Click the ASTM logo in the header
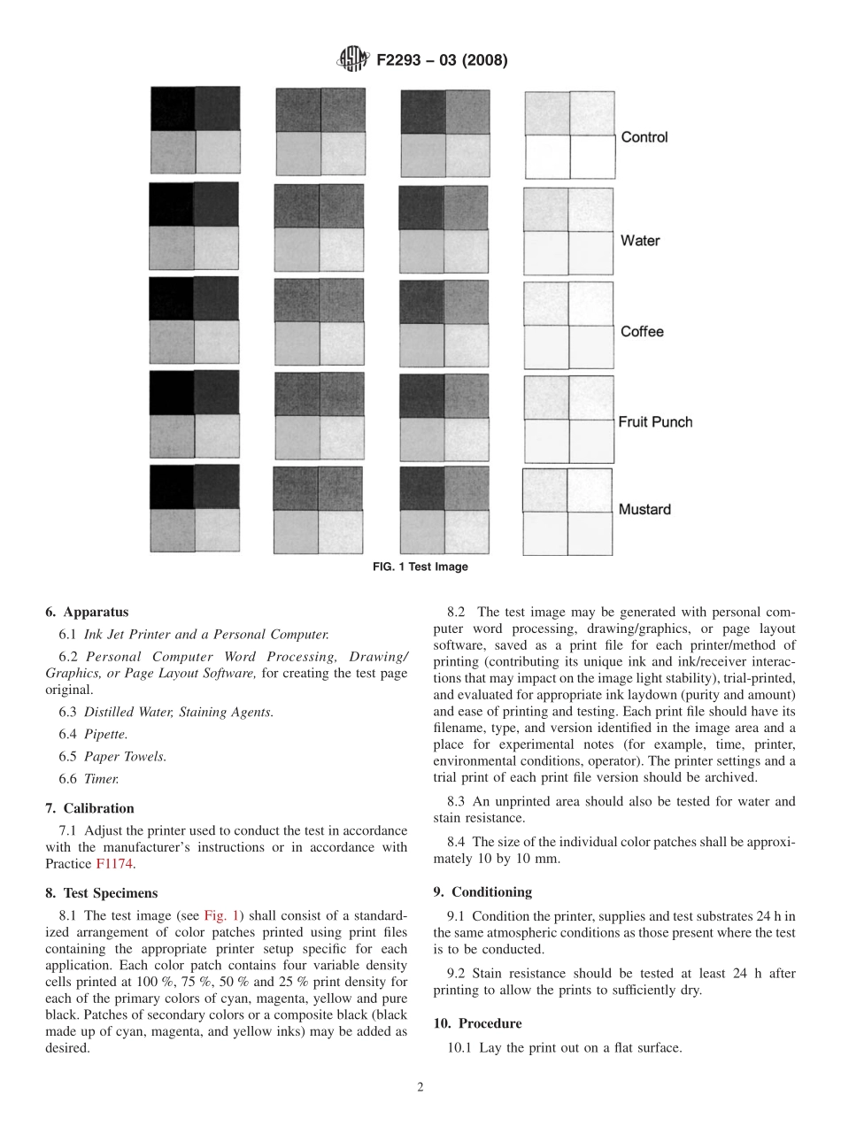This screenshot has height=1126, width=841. coord(353,60)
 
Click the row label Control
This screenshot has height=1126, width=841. coord(644,137)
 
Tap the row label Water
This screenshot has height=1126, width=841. coord(639,241)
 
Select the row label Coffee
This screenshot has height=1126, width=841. coord(641,332)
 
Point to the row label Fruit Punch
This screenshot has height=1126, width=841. coord(654,422)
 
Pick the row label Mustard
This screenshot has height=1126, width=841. coord(644,510)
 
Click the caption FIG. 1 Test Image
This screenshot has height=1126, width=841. coord(420,567)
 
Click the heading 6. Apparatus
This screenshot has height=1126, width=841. coord(87,612)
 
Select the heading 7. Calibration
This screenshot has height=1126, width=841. coord(89,808)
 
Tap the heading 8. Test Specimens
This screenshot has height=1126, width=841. coord(101,893)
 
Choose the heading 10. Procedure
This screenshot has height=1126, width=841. coord(477,1023)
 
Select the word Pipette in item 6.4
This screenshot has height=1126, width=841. coord(105,734)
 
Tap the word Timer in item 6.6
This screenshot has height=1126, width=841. coord(101,779)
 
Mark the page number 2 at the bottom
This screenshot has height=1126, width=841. coord(420,1088)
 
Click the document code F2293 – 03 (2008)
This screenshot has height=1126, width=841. coord(442,61)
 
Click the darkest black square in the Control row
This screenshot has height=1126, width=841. coord(173,109)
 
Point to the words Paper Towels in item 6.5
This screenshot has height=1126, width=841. coord(125,756)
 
